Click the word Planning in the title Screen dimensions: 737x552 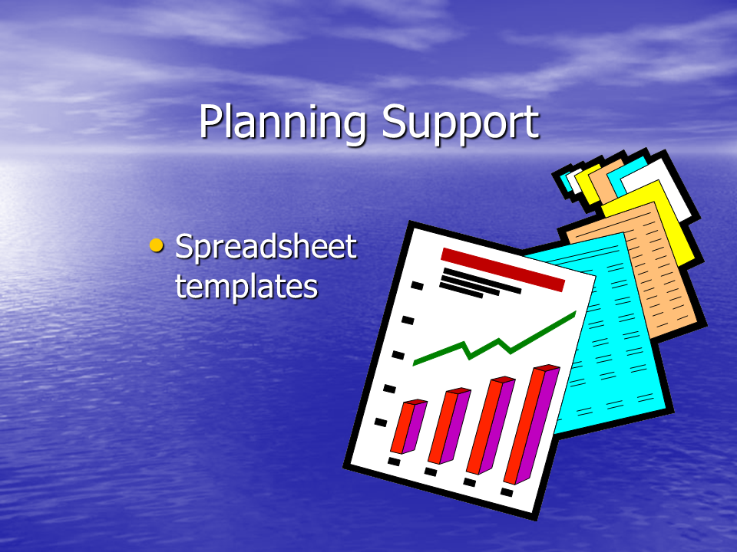(283, 122)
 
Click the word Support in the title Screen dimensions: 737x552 (460, 123)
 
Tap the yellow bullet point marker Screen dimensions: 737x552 (156, 245)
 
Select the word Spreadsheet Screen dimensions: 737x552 (266, 247)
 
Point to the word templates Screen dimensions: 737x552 (246, 285)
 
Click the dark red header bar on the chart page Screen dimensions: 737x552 (502, 269)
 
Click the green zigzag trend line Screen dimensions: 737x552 (494, 338)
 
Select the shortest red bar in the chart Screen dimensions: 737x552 (408, 426)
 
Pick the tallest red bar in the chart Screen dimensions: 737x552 (531, 424)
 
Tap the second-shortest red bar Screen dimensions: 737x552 (449, 426)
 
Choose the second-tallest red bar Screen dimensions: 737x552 (491, 425)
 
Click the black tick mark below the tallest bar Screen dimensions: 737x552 (507, 492)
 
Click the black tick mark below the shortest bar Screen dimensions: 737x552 (394, 462)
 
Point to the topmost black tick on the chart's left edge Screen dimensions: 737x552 (418, 285)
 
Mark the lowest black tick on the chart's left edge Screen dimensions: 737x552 (381, 422)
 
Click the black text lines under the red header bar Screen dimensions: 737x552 (479, 283)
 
